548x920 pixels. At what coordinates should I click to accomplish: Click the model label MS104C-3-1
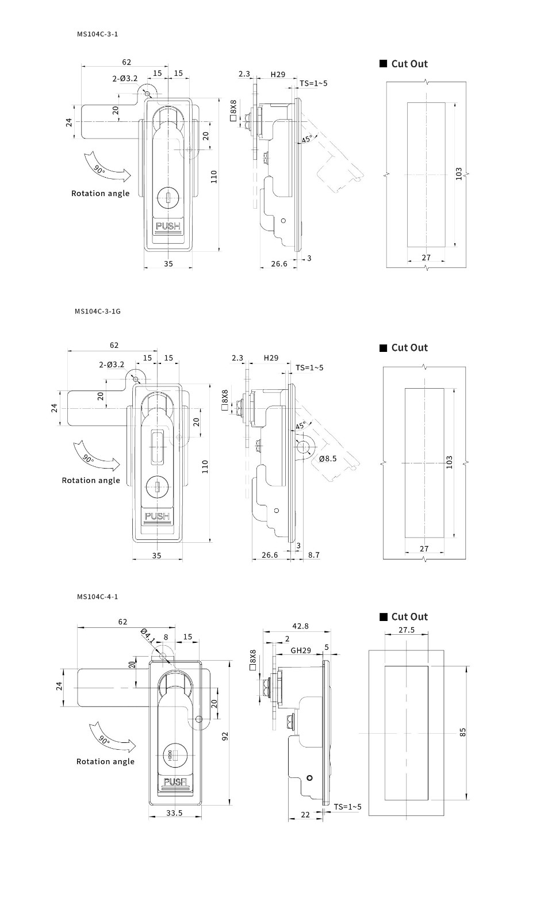98,34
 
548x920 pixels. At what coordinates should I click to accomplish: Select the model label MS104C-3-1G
98,311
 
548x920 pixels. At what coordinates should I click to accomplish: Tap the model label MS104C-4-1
98,596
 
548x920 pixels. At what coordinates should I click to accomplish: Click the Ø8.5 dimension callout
328,458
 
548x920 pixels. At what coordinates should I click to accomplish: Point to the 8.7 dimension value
313,555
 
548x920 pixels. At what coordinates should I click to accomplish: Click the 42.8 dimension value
300,626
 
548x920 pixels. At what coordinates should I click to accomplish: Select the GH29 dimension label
301,650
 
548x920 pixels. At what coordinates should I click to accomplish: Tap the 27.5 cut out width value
407,630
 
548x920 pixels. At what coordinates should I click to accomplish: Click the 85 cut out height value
463,732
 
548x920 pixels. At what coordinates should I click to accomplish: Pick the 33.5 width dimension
174,813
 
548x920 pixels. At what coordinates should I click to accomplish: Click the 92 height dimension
225,735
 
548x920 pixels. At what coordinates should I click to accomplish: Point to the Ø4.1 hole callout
148,636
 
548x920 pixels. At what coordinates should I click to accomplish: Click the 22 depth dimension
305,814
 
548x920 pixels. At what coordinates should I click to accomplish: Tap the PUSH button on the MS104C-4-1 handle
175,782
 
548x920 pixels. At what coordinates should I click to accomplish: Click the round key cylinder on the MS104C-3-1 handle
167,198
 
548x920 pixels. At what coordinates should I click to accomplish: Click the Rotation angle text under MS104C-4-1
105,761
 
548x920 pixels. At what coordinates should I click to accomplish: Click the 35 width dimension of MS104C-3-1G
157,555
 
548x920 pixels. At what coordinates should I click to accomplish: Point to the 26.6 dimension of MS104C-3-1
279,263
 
